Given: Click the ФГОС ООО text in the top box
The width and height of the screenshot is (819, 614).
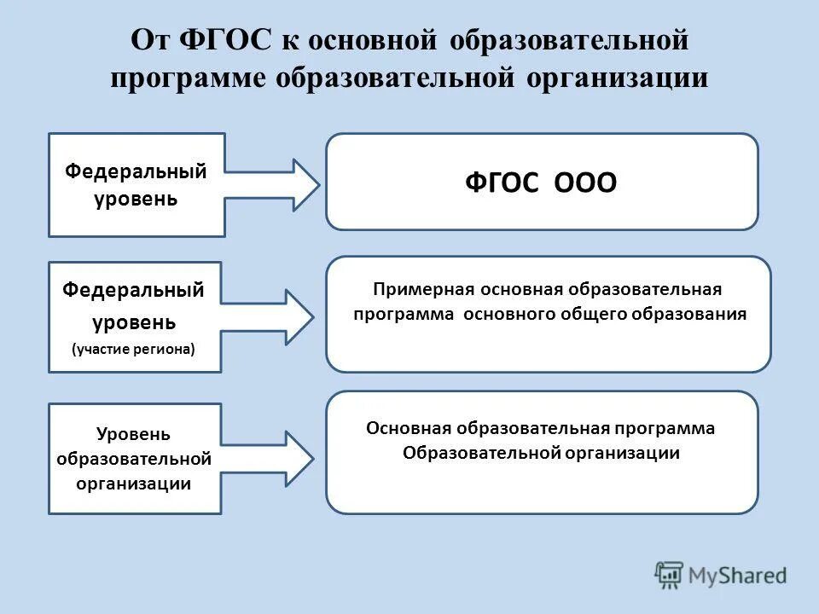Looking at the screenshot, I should point(541,183).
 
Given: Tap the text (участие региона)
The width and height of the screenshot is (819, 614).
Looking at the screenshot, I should point(134,349).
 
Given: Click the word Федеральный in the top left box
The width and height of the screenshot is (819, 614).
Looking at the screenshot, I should point(136,171).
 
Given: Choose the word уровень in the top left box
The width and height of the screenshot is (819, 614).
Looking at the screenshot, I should point(136,199).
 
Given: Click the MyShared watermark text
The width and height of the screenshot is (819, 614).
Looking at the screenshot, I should point(738,575).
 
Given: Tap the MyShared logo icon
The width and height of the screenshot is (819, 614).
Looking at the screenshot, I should point(670,575).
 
